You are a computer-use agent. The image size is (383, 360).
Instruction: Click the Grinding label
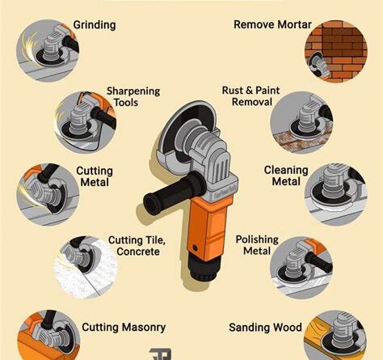pos(95,25)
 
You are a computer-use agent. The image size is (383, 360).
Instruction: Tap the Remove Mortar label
pos(272,24)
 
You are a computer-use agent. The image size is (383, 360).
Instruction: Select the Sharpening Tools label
pos(133,97)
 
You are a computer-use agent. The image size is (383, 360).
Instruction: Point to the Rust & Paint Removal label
pos(251,96)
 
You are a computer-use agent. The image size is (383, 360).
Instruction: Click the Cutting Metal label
pos(95,176)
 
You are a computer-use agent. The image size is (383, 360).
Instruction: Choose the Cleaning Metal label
pos(286,176)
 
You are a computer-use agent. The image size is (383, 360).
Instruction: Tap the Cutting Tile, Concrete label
pos(137,246)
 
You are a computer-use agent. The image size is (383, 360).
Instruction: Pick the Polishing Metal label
pos(257,245)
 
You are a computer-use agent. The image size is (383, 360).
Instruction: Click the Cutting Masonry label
pos(124,328)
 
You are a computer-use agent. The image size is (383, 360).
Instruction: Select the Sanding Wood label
pos(265,328)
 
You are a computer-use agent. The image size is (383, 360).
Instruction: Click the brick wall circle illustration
pos(336,51)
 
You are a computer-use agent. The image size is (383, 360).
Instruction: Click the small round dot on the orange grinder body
pos(195,248)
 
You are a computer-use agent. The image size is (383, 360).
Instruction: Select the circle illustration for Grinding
pos(48,50)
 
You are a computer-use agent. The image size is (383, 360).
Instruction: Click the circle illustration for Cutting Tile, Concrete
pos(86,268)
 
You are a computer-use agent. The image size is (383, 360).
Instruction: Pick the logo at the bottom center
pos(161,354)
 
